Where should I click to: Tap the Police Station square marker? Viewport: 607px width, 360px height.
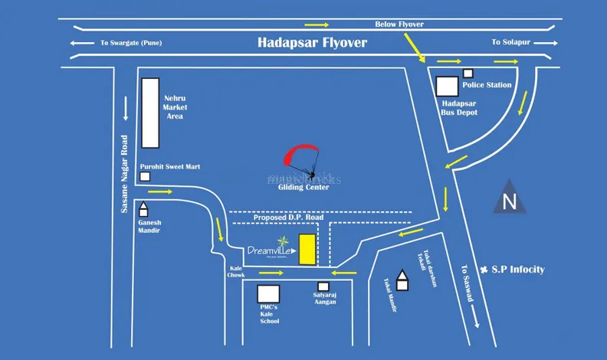tap(468, 74)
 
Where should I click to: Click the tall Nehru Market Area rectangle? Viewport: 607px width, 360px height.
tap(149, 112)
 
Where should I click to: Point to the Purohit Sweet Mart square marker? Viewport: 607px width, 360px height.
tap(145, 177)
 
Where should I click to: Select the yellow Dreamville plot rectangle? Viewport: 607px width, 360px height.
tap(307, 250)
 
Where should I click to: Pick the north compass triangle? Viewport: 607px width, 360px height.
tap(507, 198)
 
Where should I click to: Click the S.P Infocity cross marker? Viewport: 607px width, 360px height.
tap(484, 270)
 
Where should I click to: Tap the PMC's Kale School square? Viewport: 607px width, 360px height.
tap(268, 295)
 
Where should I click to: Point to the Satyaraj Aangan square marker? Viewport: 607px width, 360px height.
tap(323, 286)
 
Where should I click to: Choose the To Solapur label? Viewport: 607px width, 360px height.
tap(506, 43)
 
